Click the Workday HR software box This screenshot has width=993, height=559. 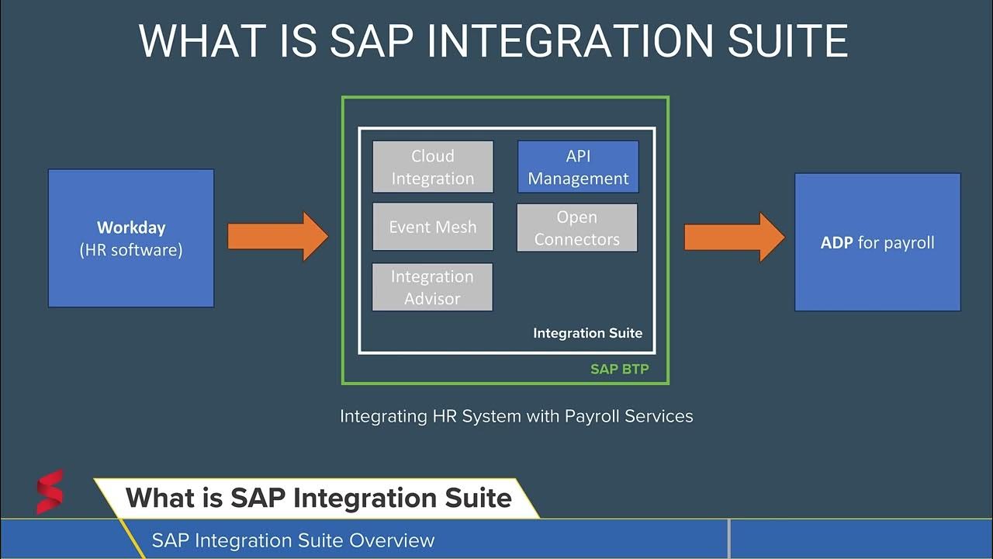(x=131, y=238)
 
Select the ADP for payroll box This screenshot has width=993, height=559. (x=877, y=242)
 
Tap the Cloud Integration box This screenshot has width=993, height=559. (x=433, y=167)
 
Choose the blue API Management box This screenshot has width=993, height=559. (x=578, y=167)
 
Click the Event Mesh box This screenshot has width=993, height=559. (x=433, y=227)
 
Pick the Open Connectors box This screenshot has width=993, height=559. (x=577, y=228)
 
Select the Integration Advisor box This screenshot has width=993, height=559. (x=432, y=287)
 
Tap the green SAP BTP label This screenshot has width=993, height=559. (x=619, y=370)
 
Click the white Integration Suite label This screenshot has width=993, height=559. (x=587, y=333)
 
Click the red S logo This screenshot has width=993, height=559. (x=50, y=491)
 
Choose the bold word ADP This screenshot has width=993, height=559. (x=837, y=242)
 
